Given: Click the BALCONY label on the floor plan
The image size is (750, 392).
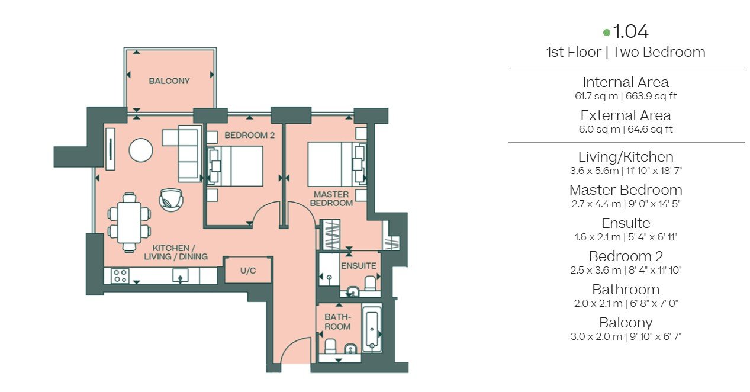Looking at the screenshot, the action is [x=169, y=81].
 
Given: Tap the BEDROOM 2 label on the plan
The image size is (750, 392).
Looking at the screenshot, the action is [x=249, y=135].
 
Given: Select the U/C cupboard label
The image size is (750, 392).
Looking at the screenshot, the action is [x=248, y=271].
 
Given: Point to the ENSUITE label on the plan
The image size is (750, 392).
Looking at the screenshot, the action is [x=359, y=266].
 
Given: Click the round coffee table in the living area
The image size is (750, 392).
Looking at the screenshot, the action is [x=141, y=150].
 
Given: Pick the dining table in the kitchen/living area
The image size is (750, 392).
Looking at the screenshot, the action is [x=129, y=223].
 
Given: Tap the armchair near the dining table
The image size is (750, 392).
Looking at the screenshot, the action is [x=171, y=200].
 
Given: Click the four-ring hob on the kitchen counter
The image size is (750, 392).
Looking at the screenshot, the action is [x=120, y=276].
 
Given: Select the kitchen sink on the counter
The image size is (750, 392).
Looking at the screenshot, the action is [x=180, y=275].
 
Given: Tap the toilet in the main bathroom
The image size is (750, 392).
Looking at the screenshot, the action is [x=330, y=346].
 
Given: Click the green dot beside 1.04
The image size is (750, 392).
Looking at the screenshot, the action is [x=606, y=33].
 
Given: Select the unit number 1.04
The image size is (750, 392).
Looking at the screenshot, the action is [x=631, y=31].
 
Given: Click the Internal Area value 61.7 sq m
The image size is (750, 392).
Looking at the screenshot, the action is [x=596, y=96].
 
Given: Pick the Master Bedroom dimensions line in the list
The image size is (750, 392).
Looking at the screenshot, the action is [x=626, y=204].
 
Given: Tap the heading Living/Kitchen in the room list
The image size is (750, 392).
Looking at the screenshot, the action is [x=626, y=157].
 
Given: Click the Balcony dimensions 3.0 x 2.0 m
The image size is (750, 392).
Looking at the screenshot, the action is [x=596, y=336].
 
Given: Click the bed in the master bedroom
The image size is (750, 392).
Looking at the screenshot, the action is [x=337, y=164].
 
